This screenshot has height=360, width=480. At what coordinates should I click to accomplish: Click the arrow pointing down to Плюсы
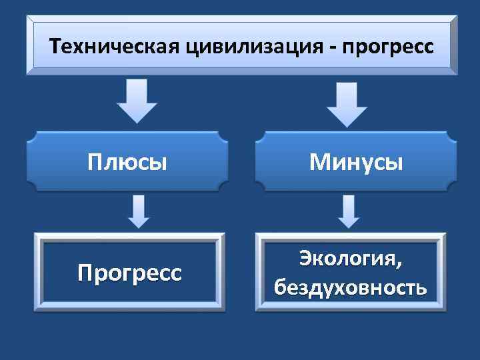137,100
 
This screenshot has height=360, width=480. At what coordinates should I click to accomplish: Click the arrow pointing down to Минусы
346,100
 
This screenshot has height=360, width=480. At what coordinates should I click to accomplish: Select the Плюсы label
127,162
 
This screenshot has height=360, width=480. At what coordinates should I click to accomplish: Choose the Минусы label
355,162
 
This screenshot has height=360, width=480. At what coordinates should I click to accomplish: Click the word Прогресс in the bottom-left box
129,273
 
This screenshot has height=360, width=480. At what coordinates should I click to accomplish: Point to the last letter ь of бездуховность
421,289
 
